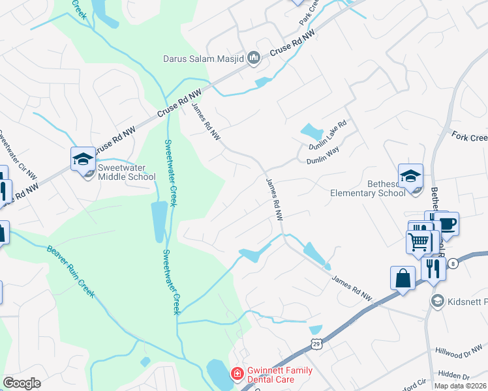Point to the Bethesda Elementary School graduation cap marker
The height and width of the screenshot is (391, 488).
410,176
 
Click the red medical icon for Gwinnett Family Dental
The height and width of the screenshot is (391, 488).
237,375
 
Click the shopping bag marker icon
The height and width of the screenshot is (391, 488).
403,278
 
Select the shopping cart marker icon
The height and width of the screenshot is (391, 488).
419,241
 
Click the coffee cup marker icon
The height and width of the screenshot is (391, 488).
447,224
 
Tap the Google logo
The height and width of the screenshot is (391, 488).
22,383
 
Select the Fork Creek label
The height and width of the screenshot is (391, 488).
469,138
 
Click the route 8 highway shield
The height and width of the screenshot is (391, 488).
452,262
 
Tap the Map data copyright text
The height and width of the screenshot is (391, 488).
460,386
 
